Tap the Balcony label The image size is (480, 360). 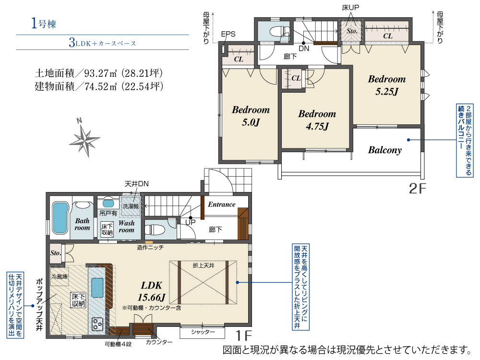(x=385, y=150)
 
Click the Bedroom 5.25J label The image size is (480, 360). (x=386, y=85)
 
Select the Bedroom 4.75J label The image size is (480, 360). (x=317, y=120)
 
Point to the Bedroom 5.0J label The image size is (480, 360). (x=251, y=116)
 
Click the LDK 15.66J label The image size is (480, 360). (x=152, y=291)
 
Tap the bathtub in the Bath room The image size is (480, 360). (x=60, y=218)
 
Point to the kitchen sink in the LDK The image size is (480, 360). (x=97, y=284)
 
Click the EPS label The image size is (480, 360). (x=228, y=34)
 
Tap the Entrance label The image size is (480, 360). (x=222, y=204)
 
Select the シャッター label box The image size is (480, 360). (x=203, y=332)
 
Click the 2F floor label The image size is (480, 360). (x=418, y=189)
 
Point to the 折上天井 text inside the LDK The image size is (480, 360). (x=203, y=266)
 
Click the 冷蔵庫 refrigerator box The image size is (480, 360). (x=60, y=276)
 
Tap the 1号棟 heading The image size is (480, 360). (x=44, y=23)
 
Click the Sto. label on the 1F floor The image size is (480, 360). (x=56, y=253)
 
